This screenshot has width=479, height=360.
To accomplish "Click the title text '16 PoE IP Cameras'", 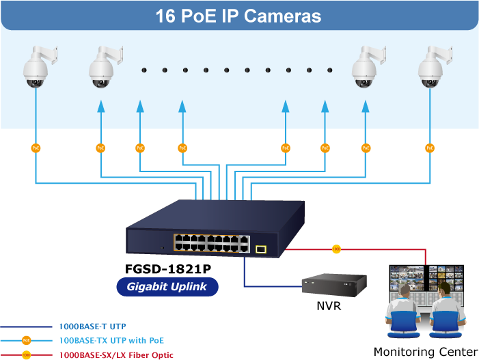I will click(238, 15).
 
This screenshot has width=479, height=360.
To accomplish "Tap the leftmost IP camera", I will click(36, 69).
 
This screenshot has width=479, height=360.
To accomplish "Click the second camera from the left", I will click(102, 69).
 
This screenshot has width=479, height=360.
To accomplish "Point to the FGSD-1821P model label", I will click(168, 268).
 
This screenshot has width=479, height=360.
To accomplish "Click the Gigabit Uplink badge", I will click(167, 287).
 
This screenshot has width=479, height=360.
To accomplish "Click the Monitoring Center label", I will click(425, 352).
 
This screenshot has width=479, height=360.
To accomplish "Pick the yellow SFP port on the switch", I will click(260, 249).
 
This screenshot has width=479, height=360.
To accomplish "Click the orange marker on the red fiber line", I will click(336, 249).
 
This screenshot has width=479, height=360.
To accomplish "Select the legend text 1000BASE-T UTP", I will click(92, 327).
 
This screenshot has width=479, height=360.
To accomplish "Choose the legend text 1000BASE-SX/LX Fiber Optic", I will click(116, 355).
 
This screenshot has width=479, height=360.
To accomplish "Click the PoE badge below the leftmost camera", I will click(36, 148).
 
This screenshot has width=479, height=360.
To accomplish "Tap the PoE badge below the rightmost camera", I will click(430, 148).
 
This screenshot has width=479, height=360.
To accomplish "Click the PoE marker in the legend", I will click(26, 340).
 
